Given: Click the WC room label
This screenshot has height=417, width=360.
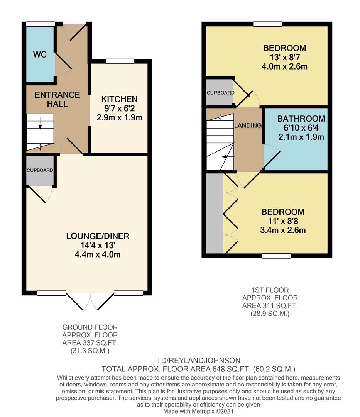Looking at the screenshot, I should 40,54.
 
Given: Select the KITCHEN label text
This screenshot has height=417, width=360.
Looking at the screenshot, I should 119,99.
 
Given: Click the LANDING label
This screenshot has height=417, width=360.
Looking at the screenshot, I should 248,125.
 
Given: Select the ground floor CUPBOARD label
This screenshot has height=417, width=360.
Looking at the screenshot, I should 40,170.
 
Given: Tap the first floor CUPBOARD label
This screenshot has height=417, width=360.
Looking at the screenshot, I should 220,93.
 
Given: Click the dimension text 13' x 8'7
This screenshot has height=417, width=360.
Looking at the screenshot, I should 285,58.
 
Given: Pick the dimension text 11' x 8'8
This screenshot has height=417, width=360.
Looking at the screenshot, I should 283,221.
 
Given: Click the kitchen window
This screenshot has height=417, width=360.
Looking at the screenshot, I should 120,61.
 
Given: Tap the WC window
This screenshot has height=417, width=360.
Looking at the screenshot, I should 40,24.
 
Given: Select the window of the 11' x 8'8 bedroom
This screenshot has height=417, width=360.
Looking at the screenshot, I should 276,256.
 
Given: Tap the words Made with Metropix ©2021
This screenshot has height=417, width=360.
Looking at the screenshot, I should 199,412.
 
